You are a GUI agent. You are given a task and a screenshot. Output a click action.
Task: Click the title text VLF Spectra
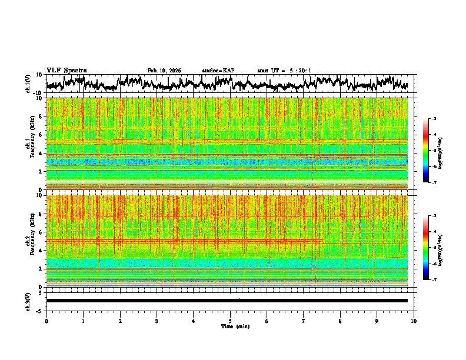point(66,71)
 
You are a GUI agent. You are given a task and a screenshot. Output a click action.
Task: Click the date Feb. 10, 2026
point(164,71)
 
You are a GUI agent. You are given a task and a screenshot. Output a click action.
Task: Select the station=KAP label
point(218,71)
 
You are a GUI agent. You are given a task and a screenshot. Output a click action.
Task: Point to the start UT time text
point(284,71)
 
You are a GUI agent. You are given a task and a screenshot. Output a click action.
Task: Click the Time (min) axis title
point(230,326)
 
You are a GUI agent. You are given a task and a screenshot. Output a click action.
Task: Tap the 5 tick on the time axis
point(230,321)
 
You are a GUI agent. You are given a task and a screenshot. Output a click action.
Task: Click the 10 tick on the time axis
point(414,321)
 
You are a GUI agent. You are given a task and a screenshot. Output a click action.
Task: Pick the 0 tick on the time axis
point(46,321)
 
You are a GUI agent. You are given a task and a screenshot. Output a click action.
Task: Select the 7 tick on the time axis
point(304,321)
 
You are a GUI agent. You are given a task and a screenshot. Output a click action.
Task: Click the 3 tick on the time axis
point(157,321)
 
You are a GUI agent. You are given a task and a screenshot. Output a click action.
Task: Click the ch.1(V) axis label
point(28,84)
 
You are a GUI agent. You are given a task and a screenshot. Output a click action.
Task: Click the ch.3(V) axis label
point(28,301)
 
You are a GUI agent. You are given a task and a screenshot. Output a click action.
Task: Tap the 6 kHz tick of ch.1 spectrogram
point(41,135)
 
